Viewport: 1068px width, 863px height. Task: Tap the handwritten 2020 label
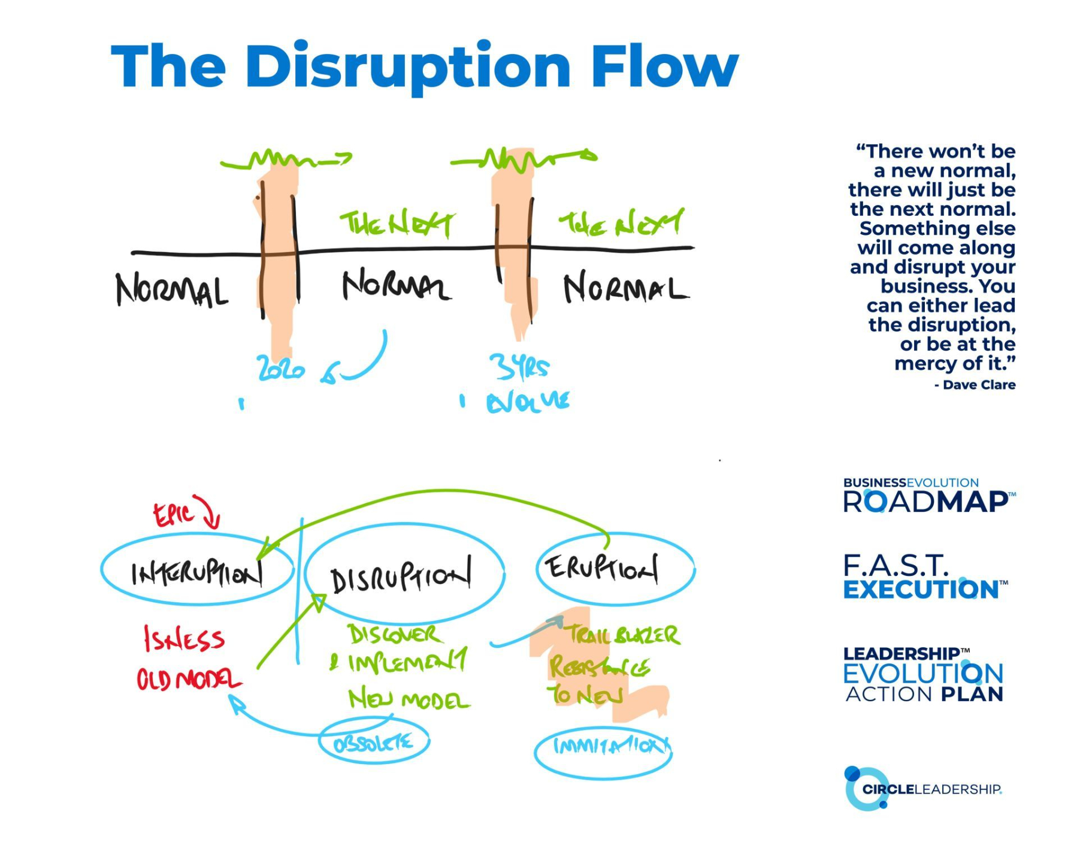click(280, 368)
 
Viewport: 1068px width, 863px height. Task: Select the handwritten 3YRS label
click(519, 367)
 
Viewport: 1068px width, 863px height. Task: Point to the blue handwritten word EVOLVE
click(528, 402)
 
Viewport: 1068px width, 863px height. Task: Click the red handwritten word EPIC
click(174, 514)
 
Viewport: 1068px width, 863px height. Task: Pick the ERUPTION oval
click(615, 567)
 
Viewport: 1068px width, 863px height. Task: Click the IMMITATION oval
click(603, 747)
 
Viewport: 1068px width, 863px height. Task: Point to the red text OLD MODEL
click(189, 680)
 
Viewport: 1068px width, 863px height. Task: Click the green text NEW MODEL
click(409, 700)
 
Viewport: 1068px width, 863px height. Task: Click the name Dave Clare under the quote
click(979, 385)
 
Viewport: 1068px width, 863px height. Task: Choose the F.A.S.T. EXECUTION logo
click(924, 577)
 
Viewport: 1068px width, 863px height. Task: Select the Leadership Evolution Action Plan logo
click(923, 674)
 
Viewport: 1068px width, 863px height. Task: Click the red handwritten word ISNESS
click(184, 639)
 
